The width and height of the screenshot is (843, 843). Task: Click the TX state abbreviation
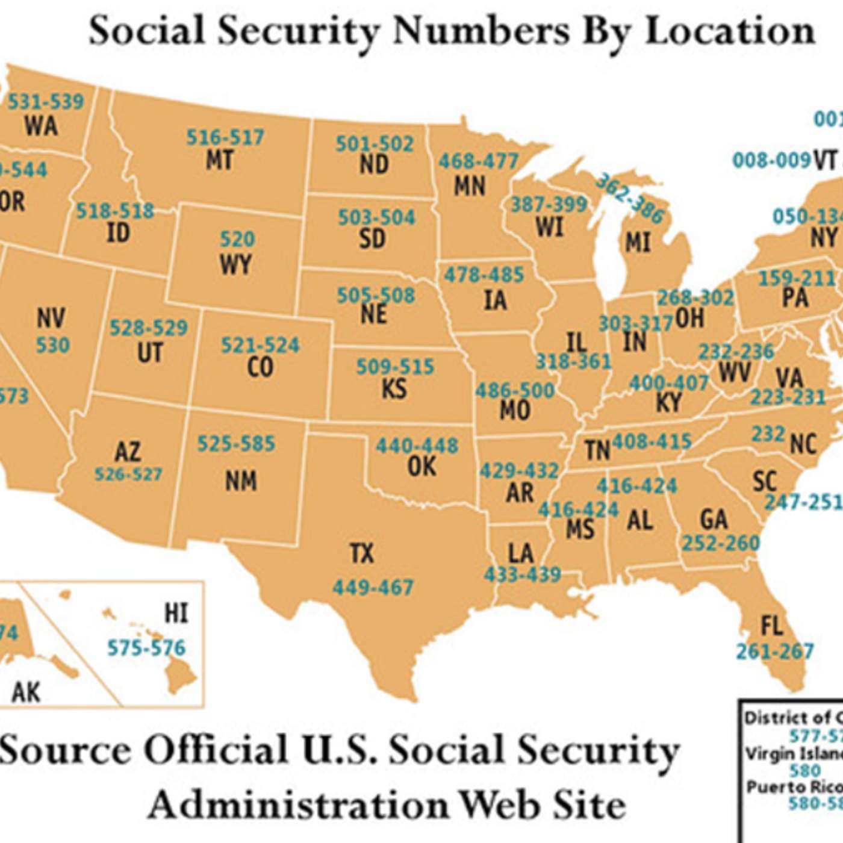[x=362, y=553]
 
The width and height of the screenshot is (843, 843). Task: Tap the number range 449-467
[x=373, y=587]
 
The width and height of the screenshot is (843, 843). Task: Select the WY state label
[x=235, y=264]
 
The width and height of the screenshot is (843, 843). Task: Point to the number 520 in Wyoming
[x=237, y=239]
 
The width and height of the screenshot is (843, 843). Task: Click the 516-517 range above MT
[x=225, y=137]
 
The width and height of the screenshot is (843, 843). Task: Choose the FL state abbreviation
[x=773, y=626]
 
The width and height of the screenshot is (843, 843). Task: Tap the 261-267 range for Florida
[x=775, y=651]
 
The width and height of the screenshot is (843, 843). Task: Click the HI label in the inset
[x=176, y=614]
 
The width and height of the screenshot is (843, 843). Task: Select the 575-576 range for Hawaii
[x=146, y=648]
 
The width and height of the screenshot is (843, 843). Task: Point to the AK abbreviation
[x=26, y=692]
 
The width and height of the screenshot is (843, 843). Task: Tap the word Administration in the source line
[x=299, y=805]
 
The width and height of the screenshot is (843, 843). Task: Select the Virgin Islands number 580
[x=805, y=771]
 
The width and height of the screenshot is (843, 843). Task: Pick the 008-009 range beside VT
[x=772, y=160]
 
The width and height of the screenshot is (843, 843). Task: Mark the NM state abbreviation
[x=241, y=481]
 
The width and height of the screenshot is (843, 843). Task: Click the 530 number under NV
[x=53, y=346]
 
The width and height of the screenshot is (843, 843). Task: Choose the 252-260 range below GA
[x=721, y=543]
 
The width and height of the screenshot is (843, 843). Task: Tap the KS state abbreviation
[x=394, y=390]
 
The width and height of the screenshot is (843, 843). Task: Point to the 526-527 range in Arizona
[x=128, y=474]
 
